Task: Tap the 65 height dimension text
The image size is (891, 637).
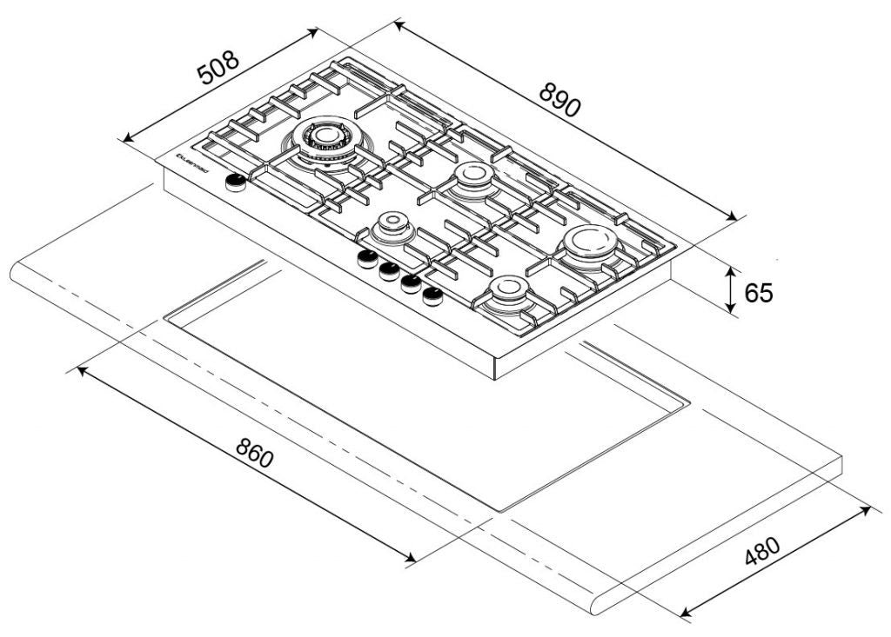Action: [x=758, y=292]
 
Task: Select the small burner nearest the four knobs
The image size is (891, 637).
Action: [x=391, y=229]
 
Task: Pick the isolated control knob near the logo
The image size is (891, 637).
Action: [x=235, y=182]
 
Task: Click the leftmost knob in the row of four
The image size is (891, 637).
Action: [x=367, y=259]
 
